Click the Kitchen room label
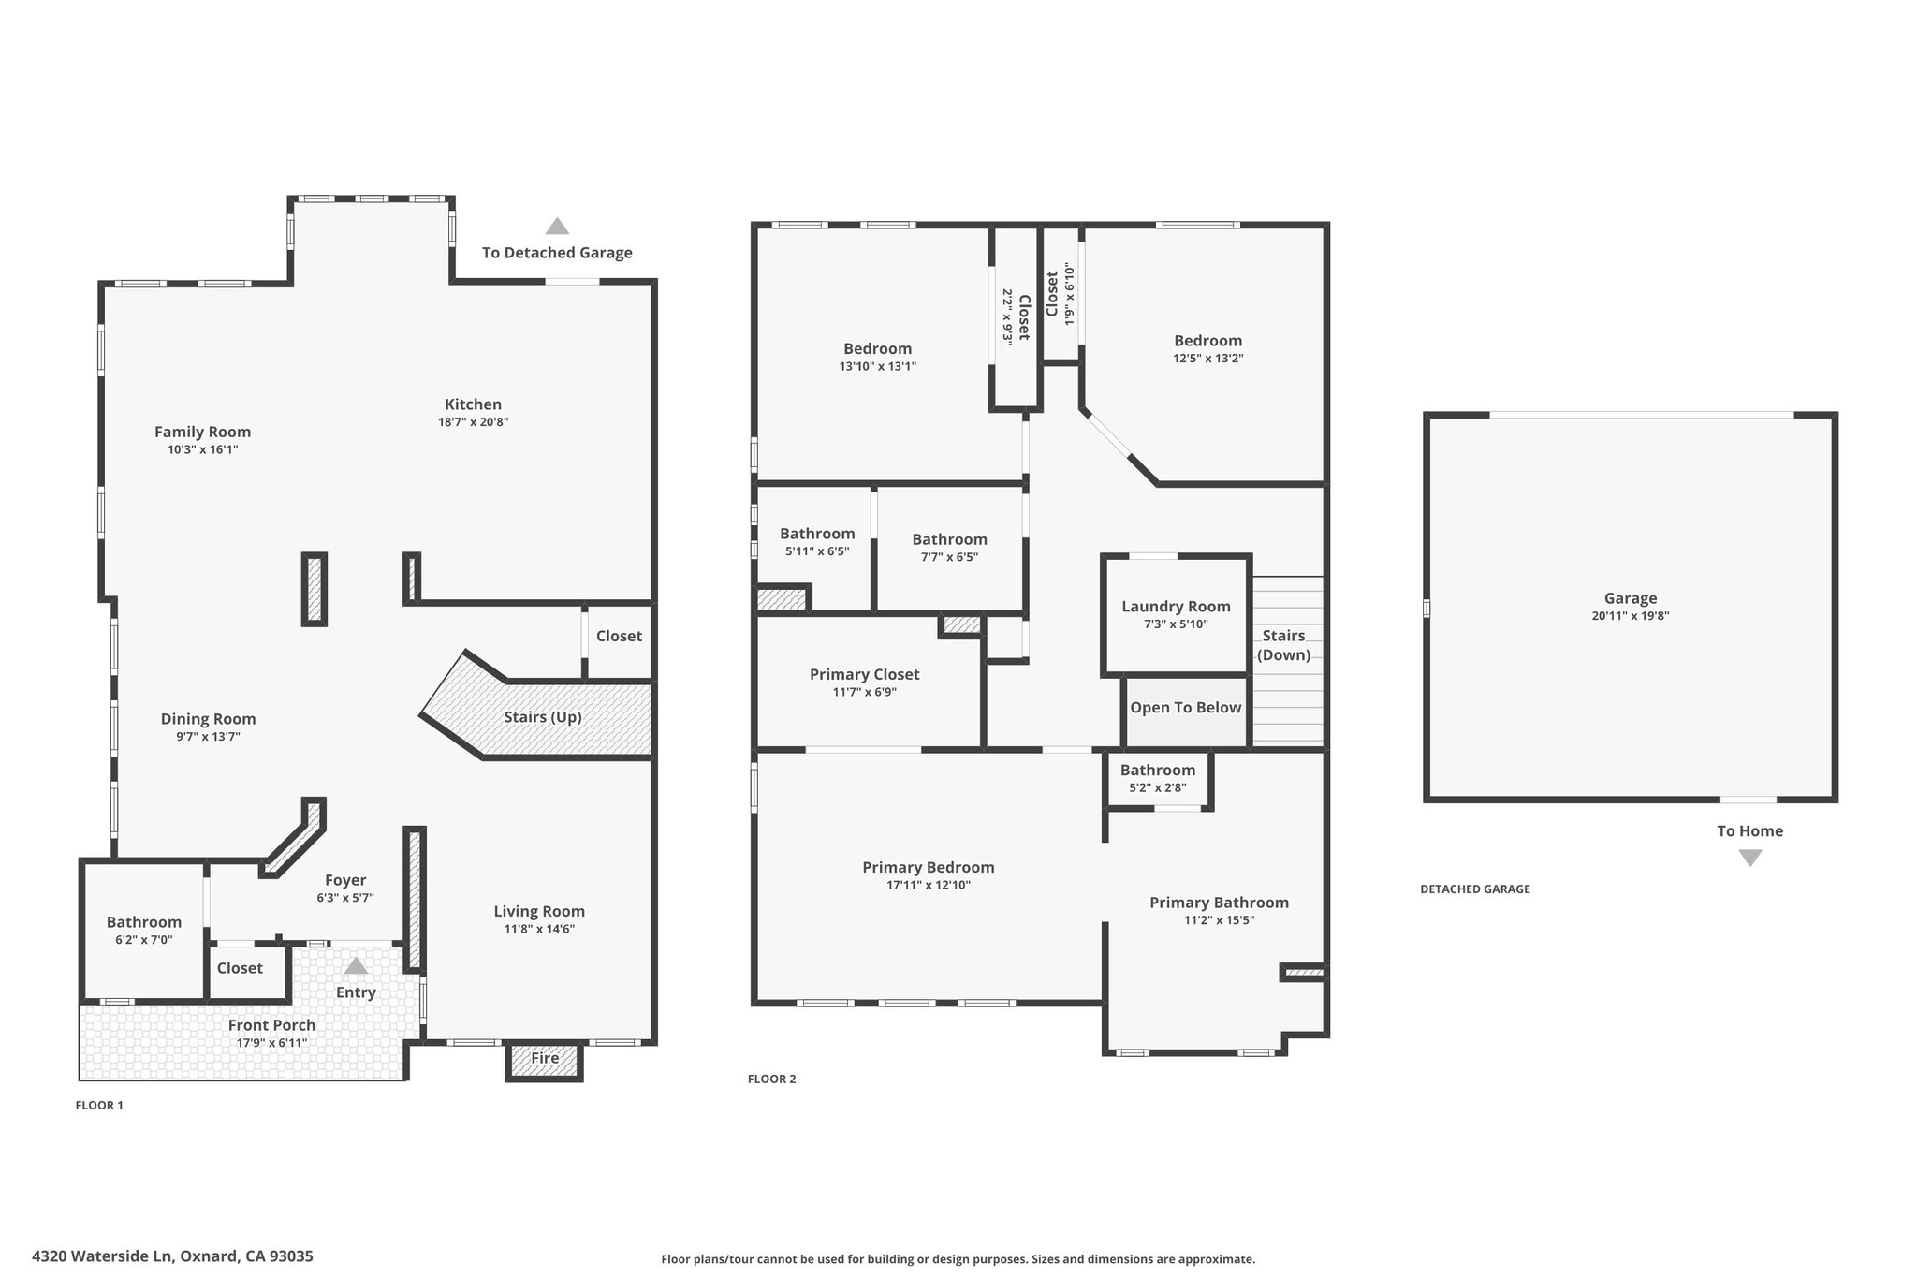(473, 404)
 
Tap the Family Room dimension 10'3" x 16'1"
(202, 449)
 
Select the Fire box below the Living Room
(545, 1061)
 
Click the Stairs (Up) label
(543, 717)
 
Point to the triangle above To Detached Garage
(557, 226)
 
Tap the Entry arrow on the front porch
(356, 965)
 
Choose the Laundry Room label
(1176, 607)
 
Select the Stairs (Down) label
(1283, 645)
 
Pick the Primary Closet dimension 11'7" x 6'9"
(864, 692)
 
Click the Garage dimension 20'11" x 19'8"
(1631, 616)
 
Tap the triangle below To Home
(1749, 858)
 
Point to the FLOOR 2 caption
(771, 1079)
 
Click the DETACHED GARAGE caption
(1475, 889)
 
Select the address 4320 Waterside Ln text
(102, 1256)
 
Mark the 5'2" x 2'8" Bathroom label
(1158, 771)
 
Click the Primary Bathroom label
(1219, 903)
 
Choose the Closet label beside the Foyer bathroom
(240, 968)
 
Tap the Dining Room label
(208, 719)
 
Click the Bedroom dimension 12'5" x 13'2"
(1208, 359)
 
